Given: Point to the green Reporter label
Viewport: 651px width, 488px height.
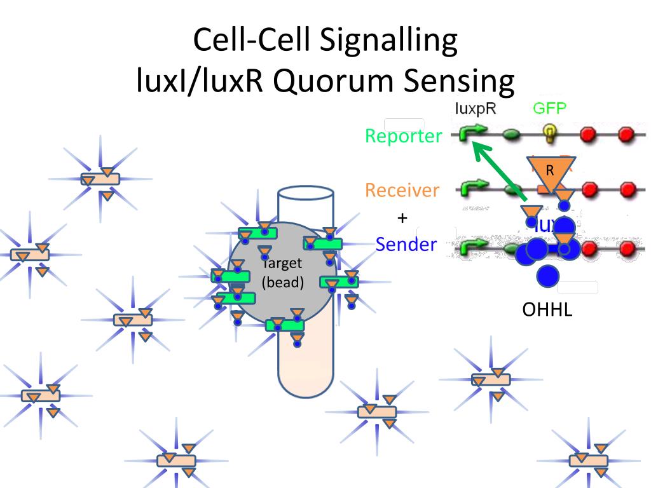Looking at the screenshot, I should (403, 136).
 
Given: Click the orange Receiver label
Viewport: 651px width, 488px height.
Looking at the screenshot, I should (402, 190).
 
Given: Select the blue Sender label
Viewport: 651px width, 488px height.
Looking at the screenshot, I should (406, 245).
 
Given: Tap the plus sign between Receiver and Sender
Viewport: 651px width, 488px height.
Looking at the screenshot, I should (402, 218).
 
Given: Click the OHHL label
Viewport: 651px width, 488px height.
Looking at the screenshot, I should (547, 310).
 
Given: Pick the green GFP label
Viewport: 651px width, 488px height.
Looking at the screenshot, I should (549, 108).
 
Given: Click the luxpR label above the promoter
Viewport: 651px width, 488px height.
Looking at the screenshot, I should (476, 108).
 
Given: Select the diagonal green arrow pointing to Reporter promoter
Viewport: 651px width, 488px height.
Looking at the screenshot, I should (498, 172).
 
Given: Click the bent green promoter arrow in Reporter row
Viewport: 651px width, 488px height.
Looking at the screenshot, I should (472, 133).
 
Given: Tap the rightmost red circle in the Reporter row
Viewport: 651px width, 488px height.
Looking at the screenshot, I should (627, 134).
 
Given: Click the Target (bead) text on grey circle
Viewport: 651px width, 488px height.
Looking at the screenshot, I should (283, 273).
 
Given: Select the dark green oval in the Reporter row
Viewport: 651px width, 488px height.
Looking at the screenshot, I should (512, 135).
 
